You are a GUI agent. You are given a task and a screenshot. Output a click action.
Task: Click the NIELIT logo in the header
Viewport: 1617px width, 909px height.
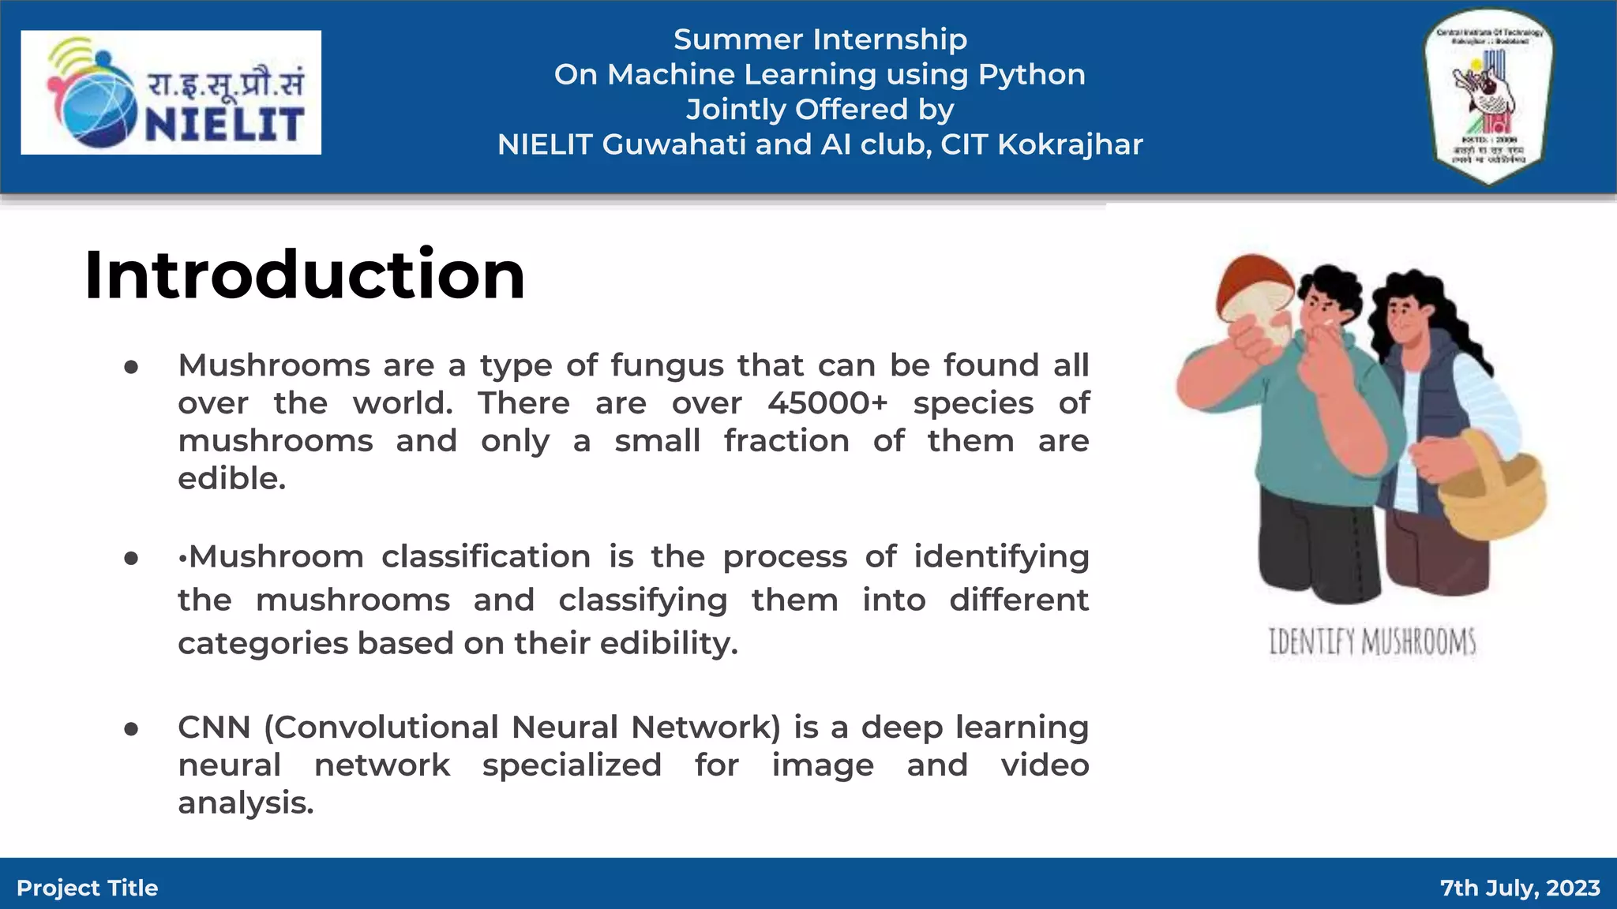171,92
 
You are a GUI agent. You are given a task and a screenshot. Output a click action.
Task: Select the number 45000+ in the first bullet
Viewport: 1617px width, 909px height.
827,403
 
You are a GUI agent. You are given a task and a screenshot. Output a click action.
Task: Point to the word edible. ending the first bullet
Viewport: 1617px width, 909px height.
231,479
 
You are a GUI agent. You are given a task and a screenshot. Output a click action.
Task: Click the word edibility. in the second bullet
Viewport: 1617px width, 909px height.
669,643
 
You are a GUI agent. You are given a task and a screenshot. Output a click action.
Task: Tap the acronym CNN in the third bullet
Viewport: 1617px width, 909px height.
214,728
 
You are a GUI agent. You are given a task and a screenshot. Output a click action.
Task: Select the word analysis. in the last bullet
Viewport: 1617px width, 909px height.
246,803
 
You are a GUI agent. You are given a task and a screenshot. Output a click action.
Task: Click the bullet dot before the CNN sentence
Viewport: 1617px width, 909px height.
131,729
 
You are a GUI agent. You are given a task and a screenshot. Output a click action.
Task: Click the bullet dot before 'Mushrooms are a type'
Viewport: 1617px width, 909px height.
131,367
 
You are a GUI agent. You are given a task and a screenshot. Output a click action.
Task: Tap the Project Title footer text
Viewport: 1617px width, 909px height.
87,888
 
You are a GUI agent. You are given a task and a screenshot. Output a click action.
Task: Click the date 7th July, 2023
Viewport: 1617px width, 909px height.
1520,888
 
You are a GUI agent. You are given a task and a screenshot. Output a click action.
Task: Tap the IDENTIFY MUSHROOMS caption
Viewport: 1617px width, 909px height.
1372,642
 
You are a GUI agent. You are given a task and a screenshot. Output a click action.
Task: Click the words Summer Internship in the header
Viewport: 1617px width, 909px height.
820,39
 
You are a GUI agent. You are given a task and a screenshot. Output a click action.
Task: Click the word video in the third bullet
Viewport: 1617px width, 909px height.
1045,765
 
